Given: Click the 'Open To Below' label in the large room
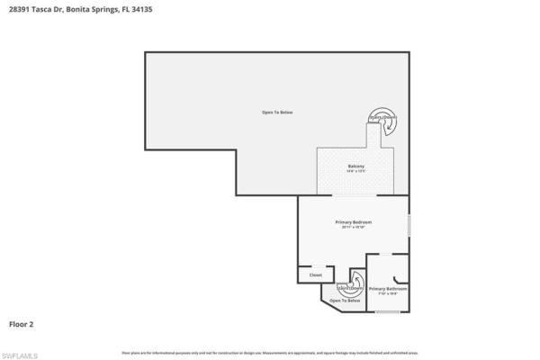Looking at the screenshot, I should [x=277, y=112].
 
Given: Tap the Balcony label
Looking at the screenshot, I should [x=355, y=166].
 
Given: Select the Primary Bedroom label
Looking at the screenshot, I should [x=353, y=221].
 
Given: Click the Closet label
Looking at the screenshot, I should [x=316, y=274].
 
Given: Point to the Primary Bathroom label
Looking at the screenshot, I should [x=388, y=289].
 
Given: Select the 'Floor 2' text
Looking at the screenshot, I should [x=22, y=323].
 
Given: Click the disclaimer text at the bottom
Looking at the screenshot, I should [x=269, y=352].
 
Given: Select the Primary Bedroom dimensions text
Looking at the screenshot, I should [x=353, y=228].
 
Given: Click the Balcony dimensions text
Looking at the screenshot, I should [x=355, y=172].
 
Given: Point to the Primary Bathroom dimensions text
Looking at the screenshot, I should [x=388, y=294].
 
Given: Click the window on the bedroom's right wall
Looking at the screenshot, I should [x=409, y=225].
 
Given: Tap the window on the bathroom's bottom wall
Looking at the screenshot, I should [x=387, y=311].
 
